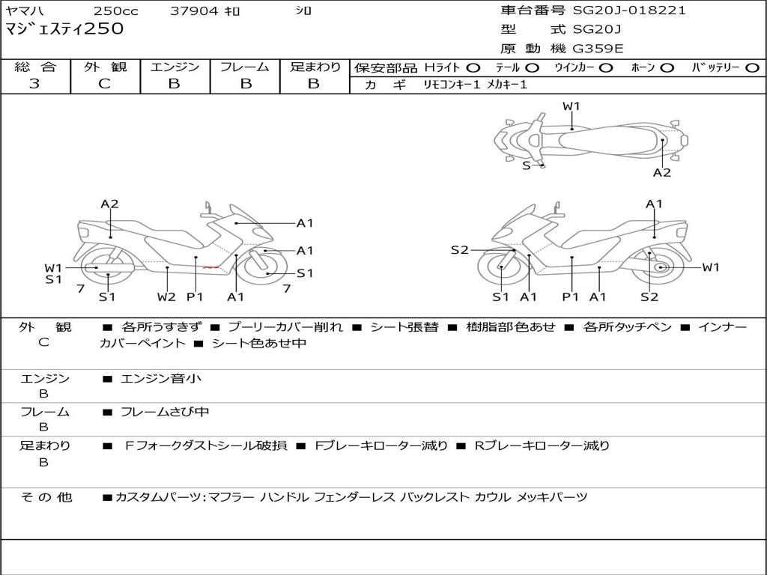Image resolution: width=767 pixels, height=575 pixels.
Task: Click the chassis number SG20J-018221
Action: click(x=629, y=10)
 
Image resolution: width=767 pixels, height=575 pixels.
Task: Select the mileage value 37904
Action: click(x=195, y=11)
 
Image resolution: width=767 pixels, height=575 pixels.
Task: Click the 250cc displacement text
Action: click(x=115, y=11)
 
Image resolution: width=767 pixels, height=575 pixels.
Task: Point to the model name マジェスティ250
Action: click(x=64, y=30)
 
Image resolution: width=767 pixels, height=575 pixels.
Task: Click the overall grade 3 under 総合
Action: click(x=34, y=84)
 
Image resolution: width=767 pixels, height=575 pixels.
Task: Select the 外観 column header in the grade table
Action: click(x=105, y=67)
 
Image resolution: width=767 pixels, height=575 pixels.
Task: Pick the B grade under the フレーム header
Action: click(x=245, y=84)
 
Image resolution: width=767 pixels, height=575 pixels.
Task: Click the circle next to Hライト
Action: click(x=473, y=68)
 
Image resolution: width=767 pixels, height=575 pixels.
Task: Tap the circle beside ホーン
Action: click(x=667, y=68)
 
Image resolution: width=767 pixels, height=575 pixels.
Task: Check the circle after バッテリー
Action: click(x=752, y=68)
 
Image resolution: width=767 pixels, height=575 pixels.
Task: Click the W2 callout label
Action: click(x=166, y=297)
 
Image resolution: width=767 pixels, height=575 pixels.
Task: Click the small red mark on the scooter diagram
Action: click(x=211, y=267)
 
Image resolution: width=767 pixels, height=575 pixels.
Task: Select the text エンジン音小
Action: click(x=160, y=379)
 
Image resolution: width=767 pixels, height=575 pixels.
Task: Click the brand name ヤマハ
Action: click(x=22, y=11)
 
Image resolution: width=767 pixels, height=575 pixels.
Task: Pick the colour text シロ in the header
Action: click(x=303, y=11)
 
